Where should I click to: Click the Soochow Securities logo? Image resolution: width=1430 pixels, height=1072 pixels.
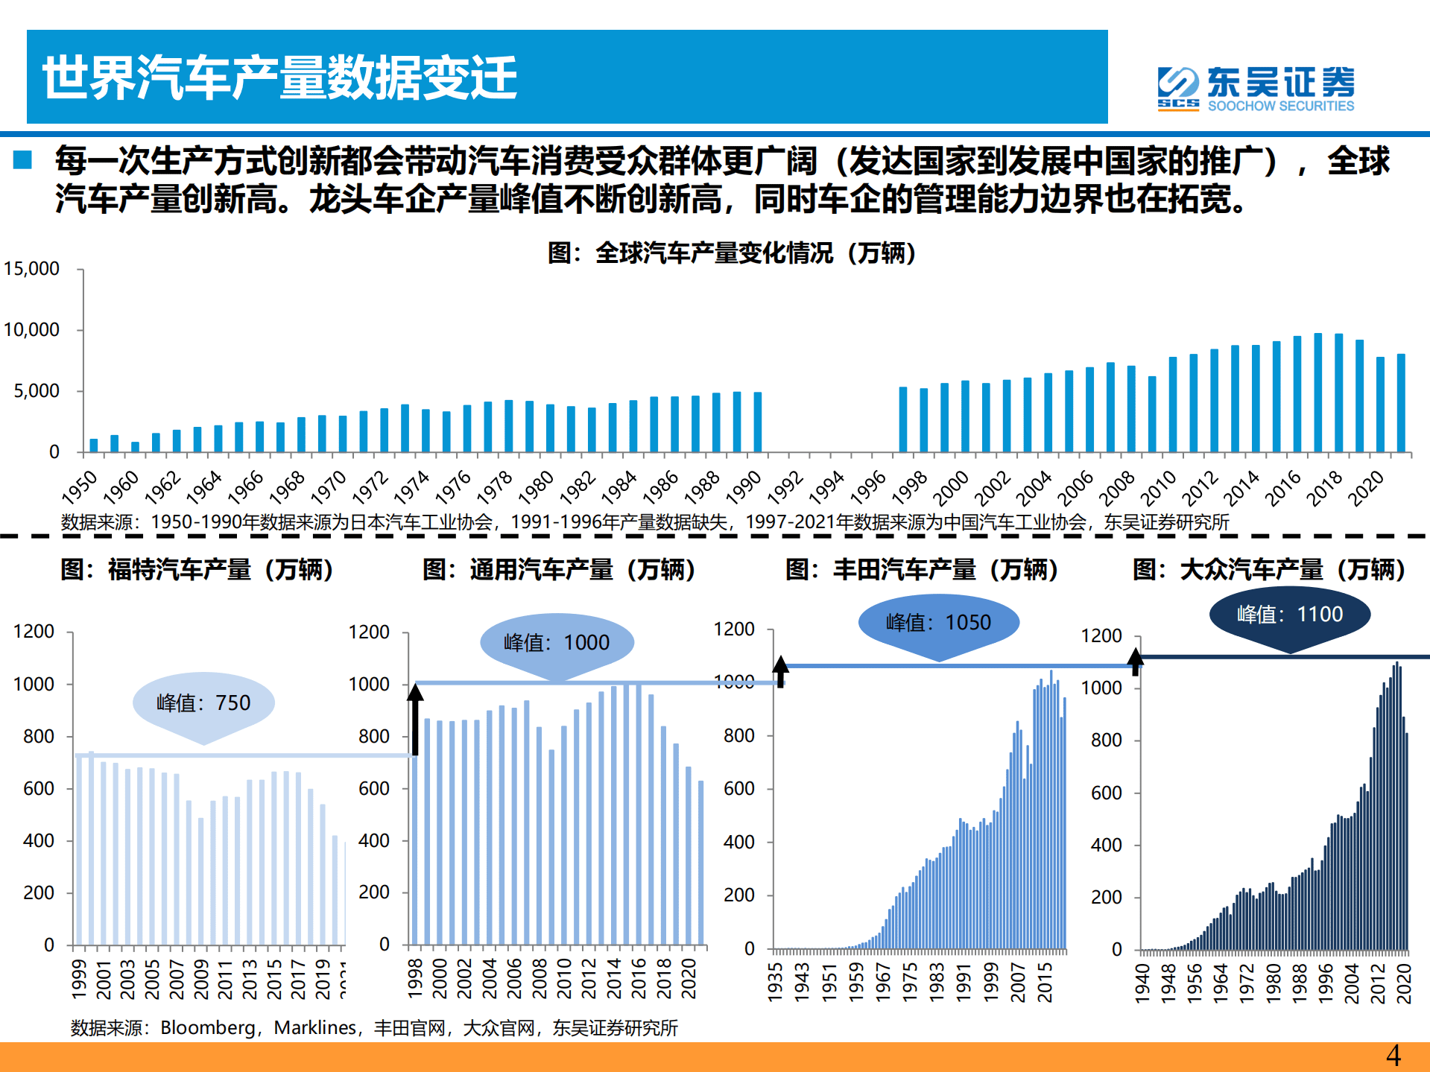click(x=1255, y=89)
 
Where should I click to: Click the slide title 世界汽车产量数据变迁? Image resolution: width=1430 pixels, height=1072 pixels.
click(x=279, y=77)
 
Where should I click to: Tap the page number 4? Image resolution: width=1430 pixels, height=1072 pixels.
click(x=1393, y=1056)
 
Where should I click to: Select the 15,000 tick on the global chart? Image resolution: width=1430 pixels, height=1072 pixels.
click(x=31, y=269)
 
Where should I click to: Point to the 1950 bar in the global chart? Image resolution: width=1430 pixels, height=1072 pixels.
click(x=94, y=445)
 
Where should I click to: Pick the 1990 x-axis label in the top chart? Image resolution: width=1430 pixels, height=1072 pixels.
click(x=743, y=488)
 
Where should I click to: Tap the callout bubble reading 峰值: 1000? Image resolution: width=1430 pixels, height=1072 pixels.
click(x=557, y=642)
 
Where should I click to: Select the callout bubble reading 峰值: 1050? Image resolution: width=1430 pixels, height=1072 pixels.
click(x=938, y=622)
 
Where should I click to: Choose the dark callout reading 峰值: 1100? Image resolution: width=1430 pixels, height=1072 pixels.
click(x=1289, y=615)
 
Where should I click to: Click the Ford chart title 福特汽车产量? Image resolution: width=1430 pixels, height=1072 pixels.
click(x=197, y=570)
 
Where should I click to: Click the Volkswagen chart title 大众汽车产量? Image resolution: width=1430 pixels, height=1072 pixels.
click(x=1269, y=570)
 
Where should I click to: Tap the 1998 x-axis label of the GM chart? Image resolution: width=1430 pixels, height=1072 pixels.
click(x=416, y=978)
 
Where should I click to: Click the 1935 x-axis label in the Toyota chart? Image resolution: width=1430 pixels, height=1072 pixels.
click(x=776, y=982)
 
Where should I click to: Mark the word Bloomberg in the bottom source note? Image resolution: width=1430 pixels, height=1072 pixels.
click(x=207, y=1028)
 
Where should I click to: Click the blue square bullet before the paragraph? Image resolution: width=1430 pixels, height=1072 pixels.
click(x=22, y=159)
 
